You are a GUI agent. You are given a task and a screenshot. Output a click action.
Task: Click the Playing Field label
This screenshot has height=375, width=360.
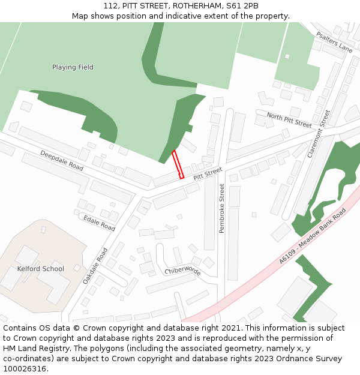[73, 67]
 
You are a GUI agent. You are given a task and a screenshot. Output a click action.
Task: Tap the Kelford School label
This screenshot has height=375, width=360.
[40, 269]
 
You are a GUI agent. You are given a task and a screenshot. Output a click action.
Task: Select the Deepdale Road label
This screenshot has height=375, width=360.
[62, 160]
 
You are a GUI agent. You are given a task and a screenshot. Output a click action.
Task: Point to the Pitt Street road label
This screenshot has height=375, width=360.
[208, 175]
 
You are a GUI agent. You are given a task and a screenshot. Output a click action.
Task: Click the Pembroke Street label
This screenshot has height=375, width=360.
[221, 208]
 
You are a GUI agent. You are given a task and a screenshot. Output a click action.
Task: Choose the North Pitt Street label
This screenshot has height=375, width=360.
[289, 120]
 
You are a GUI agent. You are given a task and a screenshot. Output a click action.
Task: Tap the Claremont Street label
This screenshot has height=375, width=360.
[319, 133]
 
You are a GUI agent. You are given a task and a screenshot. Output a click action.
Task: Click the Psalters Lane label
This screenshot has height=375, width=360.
[334, 42]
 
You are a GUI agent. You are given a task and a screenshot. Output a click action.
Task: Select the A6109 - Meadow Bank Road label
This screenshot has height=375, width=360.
[313, 236]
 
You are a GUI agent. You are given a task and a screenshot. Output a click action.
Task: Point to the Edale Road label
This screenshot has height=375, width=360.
[99, 223]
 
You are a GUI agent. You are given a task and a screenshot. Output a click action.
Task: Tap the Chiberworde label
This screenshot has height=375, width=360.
[182, 271]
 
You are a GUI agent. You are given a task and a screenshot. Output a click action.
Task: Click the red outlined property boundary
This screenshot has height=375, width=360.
[178, 164]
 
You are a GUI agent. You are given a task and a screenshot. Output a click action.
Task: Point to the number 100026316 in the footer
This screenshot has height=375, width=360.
[25, 369]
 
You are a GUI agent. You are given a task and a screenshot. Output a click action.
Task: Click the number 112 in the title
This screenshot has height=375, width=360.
[110, 5]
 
